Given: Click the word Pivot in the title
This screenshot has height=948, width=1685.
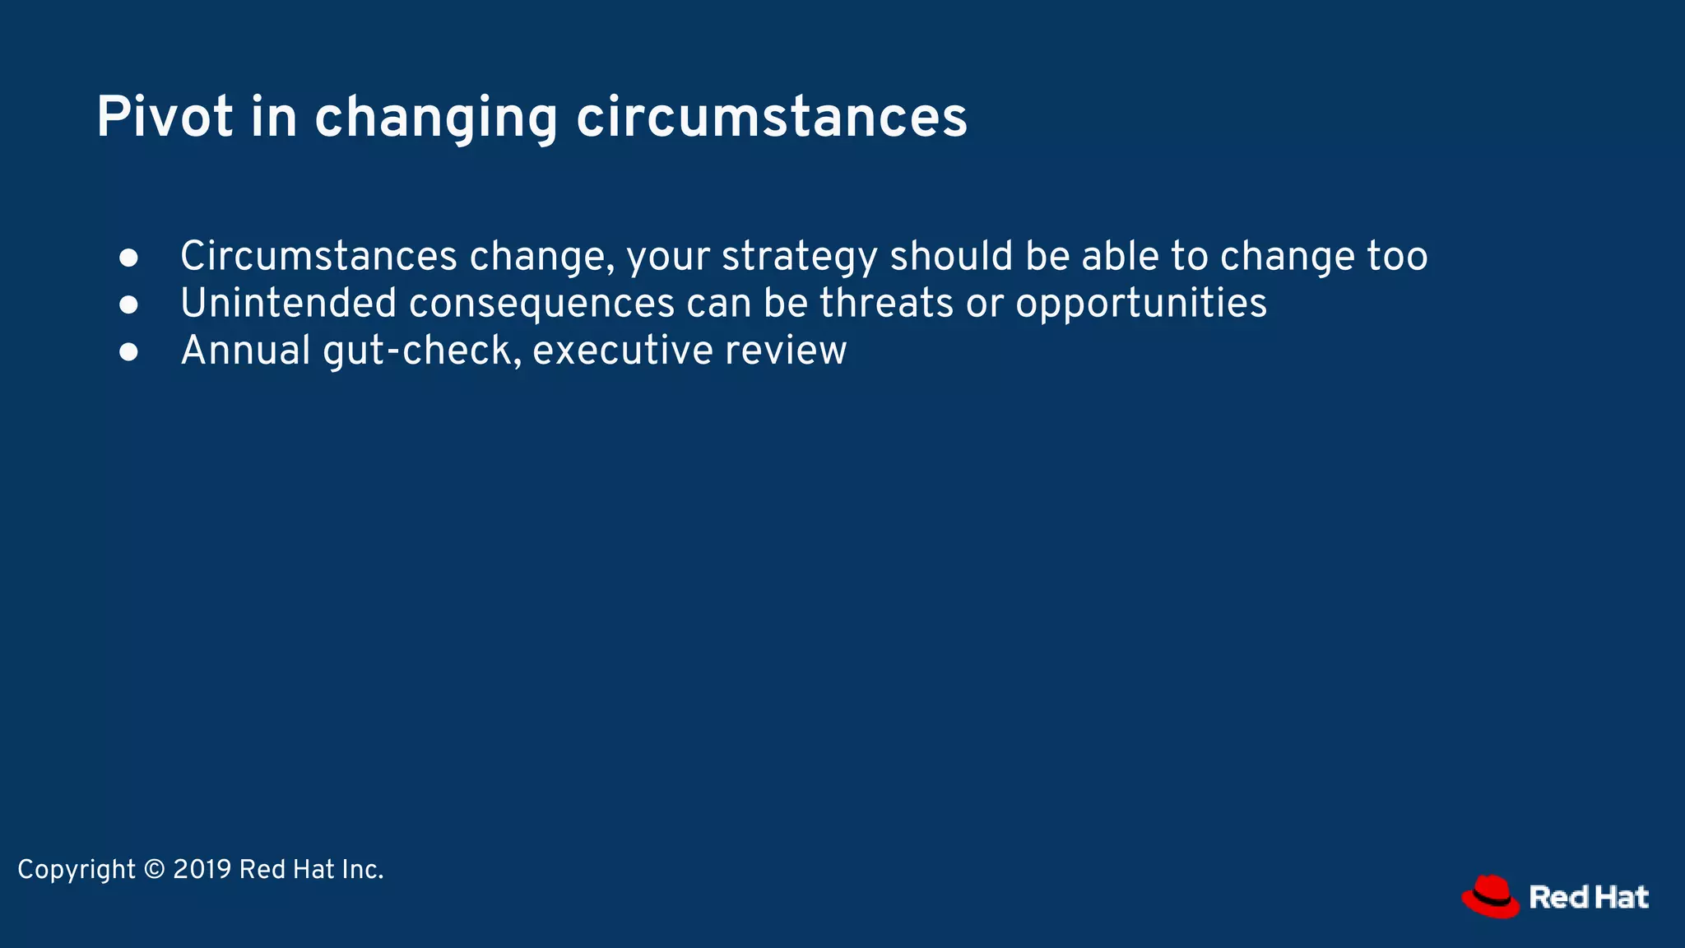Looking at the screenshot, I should tap(165, 117).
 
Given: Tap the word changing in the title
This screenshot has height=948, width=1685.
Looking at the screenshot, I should tap(436, 117).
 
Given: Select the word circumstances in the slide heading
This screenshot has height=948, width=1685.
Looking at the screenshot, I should tap(771, 117).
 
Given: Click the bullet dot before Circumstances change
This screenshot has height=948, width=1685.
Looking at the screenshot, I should tap(128, 258).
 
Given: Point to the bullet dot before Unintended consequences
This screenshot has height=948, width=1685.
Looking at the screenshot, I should tap(128, 304).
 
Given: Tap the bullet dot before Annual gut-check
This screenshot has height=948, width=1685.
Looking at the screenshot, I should tap(128, 351).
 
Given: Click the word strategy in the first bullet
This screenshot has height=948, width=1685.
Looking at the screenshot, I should tap(800, 257).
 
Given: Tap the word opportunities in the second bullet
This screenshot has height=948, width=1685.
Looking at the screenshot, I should tap(1141, 304).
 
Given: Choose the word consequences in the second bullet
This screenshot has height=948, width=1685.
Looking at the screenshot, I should tap(541, 304).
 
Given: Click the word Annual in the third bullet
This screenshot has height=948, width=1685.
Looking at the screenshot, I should tap(245, 351).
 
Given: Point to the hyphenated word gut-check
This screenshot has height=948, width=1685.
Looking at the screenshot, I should tap(422, 351).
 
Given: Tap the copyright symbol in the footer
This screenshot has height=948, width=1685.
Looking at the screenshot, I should tap(154, 870).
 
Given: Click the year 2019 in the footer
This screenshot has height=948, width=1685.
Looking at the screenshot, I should tap(202, 870).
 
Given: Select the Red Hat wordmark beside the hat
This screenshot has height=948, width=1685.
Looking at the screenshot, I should tap(1589, 897).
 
